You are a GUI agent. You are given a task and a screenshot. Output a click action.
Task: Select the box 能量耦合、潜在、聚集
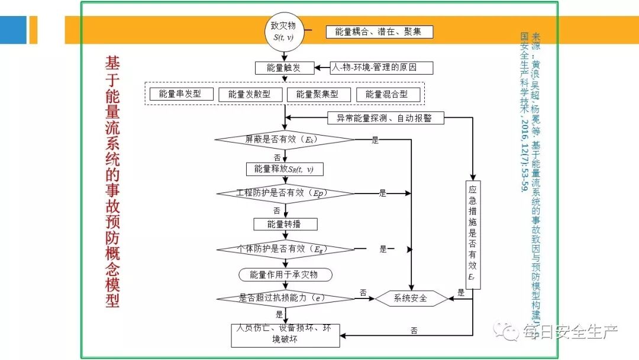pyautogui.click(x=379, y=32)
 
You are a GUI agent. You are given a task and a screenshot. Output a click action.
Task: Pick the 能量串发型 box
pyautogui.click(x=180, y=94)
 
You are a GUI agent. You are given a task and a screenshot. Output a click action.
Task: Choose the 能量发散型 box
pyautogui.click(x=250, y=94)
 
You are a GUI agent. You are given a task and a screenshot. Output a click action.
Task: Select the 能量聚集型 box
pyautogui.click(x=317, y=94)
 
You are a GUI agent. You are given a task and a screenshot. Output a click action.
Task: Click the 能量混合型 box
pyautogui.click(x=386, y=94)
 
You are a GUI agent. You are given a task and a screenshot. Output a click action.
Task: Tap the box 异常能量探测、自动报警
pyautogui.click(x=384, y=118)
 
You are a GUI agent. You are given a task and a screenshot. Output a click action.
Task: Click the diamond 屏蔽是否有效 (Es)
pyautogui.click(x=285, y=140)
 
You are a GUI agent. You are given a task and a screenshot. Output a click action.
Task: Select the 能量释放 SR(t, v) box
pyautogui.click(x=285, y=169)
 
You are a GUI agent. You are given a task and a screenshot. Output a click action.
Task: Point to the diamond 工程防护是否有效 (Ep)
pyautogui.click(x=285, y=193)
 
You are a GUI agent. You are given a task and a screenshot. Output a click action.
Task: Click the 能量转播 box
pyautogui.click(x=285, y=224)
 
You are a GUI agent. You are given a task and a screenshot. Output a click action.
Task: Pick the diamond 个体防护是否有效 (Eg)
pyautogui.click(x=285, y=249)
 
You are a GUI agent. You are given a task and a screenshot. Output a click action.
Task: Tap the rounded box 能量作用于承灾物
pyautogui.click(x=285, y=275)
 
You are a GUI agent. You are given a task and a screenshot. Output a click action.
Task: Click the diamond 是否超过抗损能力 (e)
pyautogui.click(x=285, y=298)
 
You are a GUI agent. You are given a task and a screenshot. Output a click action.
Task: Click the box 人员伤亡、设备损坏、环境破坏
pyautogui.click(x=285, y=334)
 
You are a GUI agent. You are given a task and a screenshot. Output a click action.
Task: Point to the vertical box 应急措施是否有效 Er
pyautogui.click(x=472, y=234)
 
